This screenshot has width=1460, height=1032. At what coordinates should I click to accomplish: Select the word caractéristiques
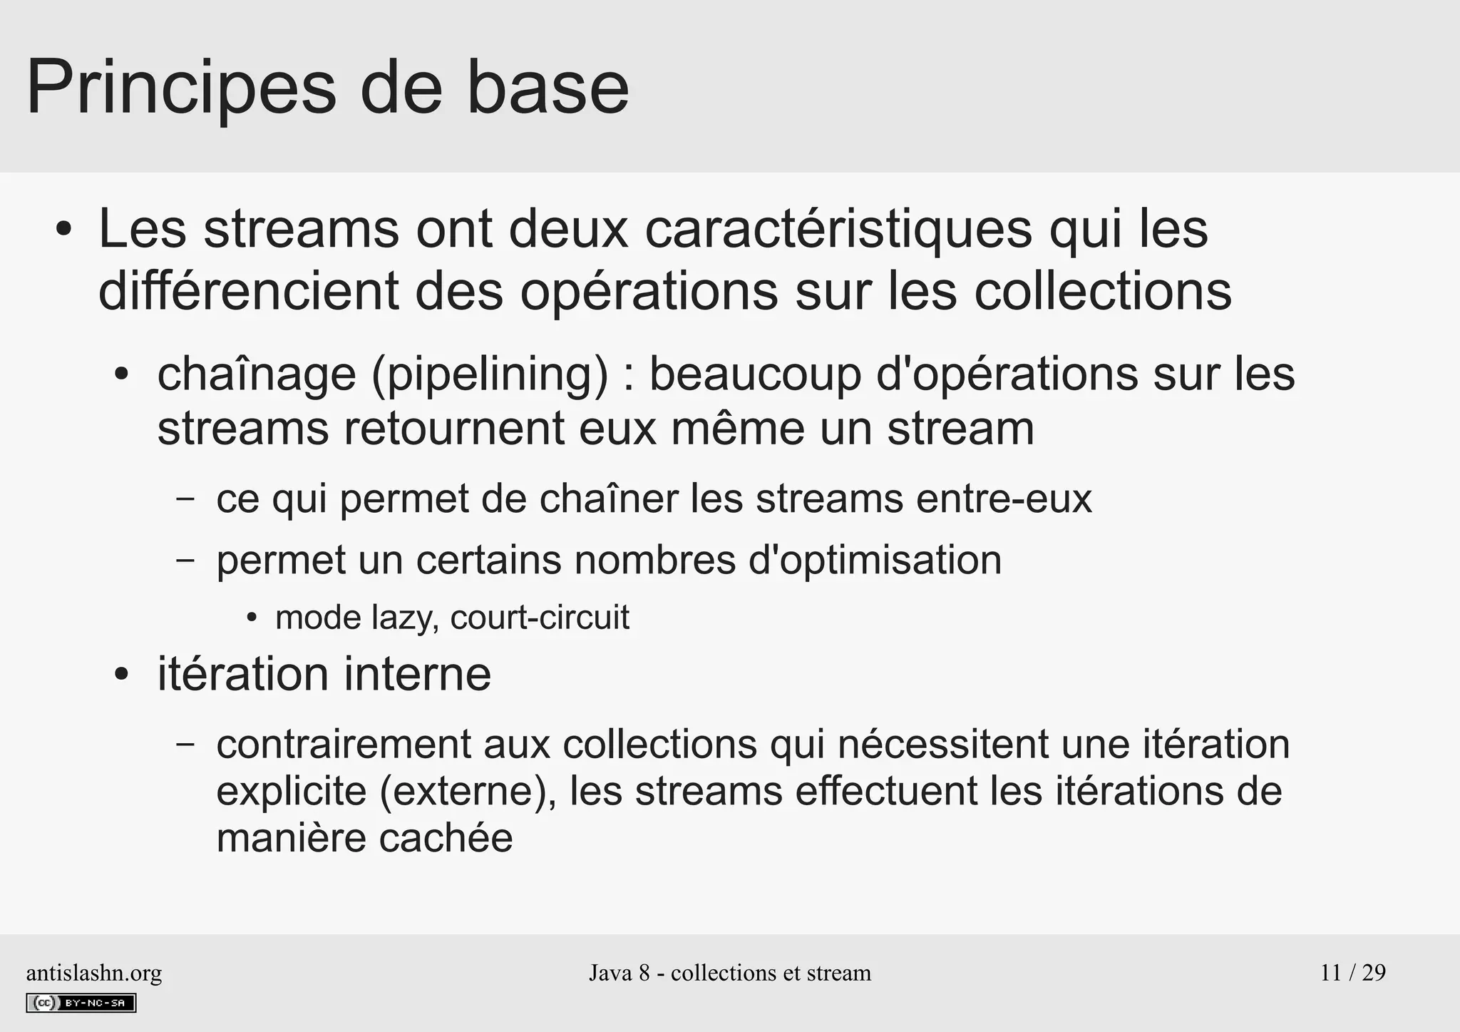pyautogui.click(x=838, y=229)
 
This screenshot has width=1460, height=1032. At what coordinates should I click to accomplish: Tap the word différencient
pyautogui.click(x=248, y=291)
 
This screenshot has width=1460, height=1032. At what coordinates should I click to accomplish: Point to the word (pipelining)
pyautogui.click(x=490, y=374)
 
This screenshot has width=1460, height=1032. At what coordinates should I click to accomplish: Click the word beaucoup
pyautogui.click(x=755, y=374)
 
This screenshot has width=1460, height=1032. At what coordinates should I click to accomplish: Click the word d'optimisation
pyautogui.click(x=875, y=560)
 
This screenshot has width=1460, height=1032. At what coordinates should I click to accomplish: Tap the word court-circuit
pyautogui.click(x=540, y=618)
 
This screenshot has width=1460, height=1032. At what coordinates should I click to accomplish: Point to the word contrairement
pyautogui.click(x=344, y=744)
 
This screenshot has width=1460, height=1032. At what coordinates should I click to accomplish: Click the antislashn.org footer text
pyautogui.click(x=93, y=973)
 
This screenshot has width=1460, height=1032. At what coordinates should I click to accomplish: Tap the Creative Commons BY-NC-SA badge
pyautogui.click(x=81, y=1003)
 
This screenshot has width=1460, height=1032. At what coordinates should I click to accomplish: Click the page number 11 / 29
pyautogui.click(x=1352, y=973)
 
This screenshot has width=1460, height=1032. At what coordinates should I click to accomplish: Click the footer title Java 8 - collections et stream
pyautogui.click(x=729, y=973)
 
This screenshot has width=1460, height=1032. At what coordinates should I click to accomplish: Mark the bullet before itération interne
pyautogui.click(x=122, y=675)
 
